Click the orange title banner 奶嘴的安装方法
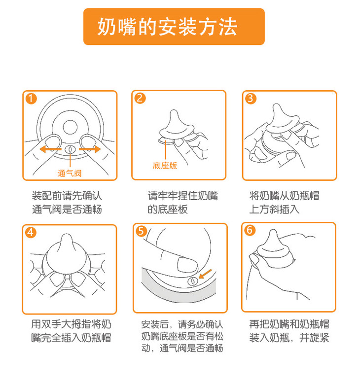(x=174, y=27)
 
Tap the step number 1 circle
(x=31, y=99)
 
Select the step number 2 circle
(x=140, y=98)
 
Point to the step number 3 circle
(x=251, y=99)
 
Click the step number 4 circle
(x=31, y=232)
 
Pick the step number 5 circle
(x=142, y=231)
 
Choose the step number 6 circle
(x=250, y=230)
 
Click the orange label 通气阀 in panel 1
(x=70, y=174)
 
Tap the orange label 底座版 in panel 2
(x=165, y=166)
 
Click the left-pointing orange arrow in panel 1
(x=50, y=149)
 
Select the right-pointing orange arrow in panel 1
(x=90, y=149)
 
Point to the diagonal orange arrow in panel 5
(x=205, y=274)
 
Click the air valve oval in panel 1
(x=70, y=150)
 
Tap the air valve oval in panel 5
(x=193, y=281)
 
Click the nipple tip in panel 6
(x=273, y=232)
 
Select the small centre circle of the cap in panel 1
(x=70, y=127)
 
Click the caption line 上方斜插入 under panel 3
(x=274, y=209)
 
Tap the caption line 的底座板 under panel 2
(x=168, y=209)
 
